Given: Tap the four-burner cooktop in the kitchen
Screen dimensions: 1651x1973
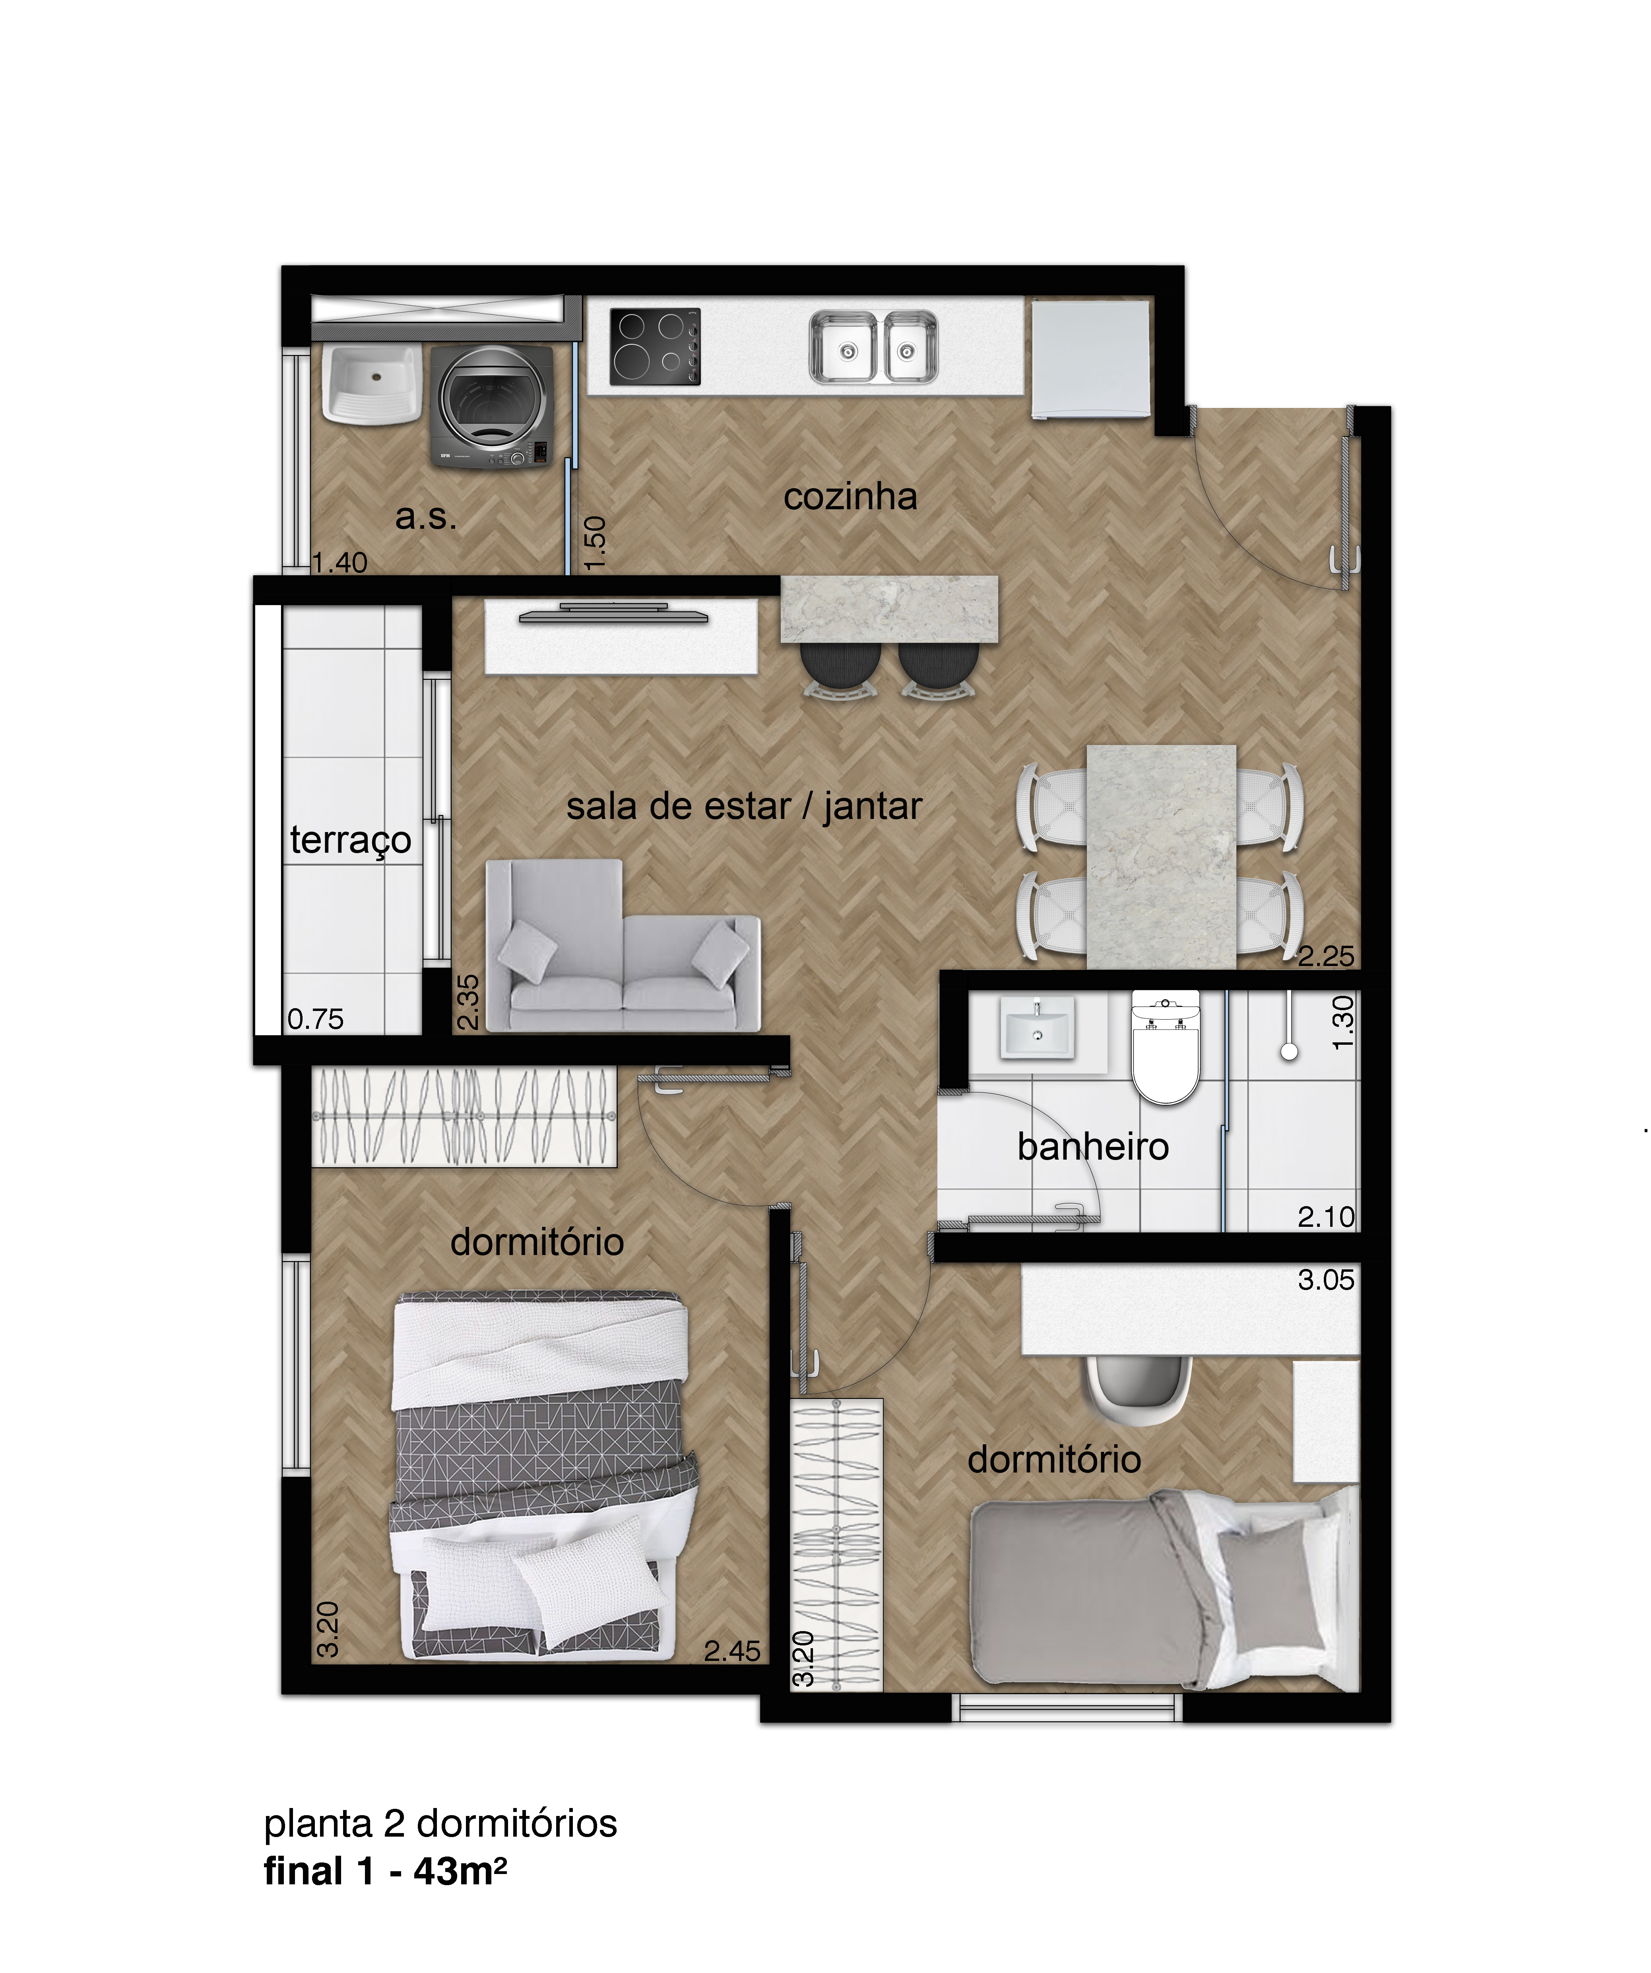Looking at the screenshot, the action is pyautogui.click(x=655, y=347).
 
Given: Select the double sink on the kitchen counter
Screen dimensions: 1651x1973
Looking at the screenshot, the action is pyautogui.click(x=873, y=347).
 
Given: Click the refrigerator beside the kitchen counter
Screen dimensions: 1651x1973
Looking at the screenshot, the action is pyautogui.click(x=1090, y=359).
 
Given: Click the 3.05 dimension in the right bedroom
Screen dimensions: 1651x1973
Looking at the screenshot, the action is pyautogui.click(x=1326, y=1280).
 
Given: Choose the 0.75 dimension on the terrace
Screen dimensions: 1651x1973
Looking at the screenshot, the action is pyautogui.click(x=316, y=1019).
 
